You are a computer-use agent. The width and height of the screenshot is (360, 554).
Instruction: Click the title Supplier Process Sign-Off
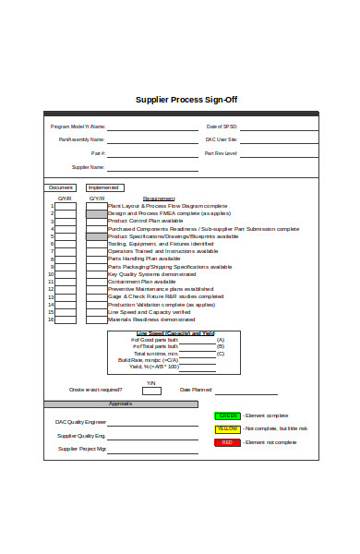[x=186, y=100]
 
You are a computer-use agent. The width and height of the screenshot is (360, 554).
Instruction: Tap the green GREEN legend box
[x=228, y=415]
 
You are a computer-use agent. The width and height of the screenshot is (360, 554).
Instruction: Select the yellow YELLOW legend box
[x=228, y=429]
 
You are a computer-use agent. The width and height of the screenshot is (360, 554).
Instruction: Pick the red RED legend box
[x=228, y=442]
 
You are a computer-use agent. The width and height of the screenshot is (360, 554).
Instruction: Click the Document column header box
[x=61, y=187]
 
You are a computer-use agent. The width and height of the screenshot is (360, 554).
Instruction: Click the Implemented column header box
[x=103, y=187]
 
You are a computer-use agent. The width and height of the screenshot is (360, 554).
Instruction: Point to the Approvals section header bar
[x=121, y=403]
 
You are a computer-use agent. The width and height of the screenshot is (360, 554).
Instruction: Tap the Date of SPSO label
[x=222, y=126]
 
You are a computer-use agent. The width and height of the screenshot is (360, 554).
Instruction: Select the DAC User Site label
[x=222, y=139]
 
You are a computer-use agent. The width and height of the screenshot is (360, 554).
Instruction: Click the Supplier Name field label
[x=89, y=167]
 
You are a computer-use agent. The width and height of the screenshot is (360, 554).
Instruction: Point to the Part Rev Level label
[x=222, y=153]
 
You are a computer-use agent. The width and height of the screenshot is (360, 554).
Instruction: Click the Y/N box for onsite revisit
[x=151, y=391]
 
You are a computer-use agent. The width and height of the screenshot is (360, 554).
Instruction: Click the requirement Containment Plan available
[x=142, y=282]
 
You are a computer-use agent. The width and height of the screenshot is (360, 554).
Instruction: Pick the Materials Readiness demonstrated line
[x=151, y=319]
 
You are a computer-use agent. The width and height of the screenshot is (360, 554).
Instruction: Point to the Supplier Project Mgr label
[x=82, y=449]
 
